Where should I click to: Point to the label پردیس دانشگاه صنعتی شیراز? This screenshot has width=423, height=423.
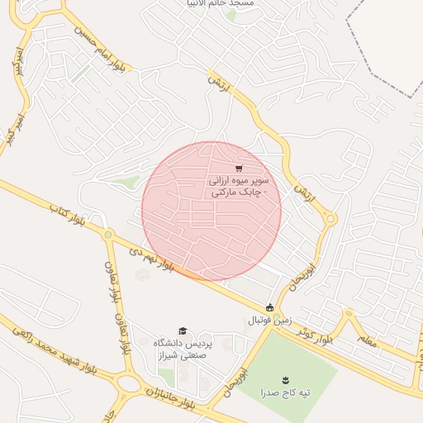187,348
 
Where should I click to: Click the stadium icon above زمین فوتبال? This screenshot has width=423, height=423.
269,307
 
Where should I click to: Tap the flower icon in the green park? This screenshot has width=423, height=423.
286,380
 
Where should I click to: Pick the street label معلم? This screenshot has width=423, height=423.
368,337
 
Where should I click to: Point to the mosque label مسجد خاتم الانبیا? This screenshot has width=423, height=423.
222,4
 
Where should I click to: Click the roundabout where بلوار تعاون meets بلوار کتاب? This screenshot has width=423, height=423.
108,235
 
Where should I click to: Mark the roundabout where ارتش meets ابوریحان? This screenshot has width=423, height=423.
330,219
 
